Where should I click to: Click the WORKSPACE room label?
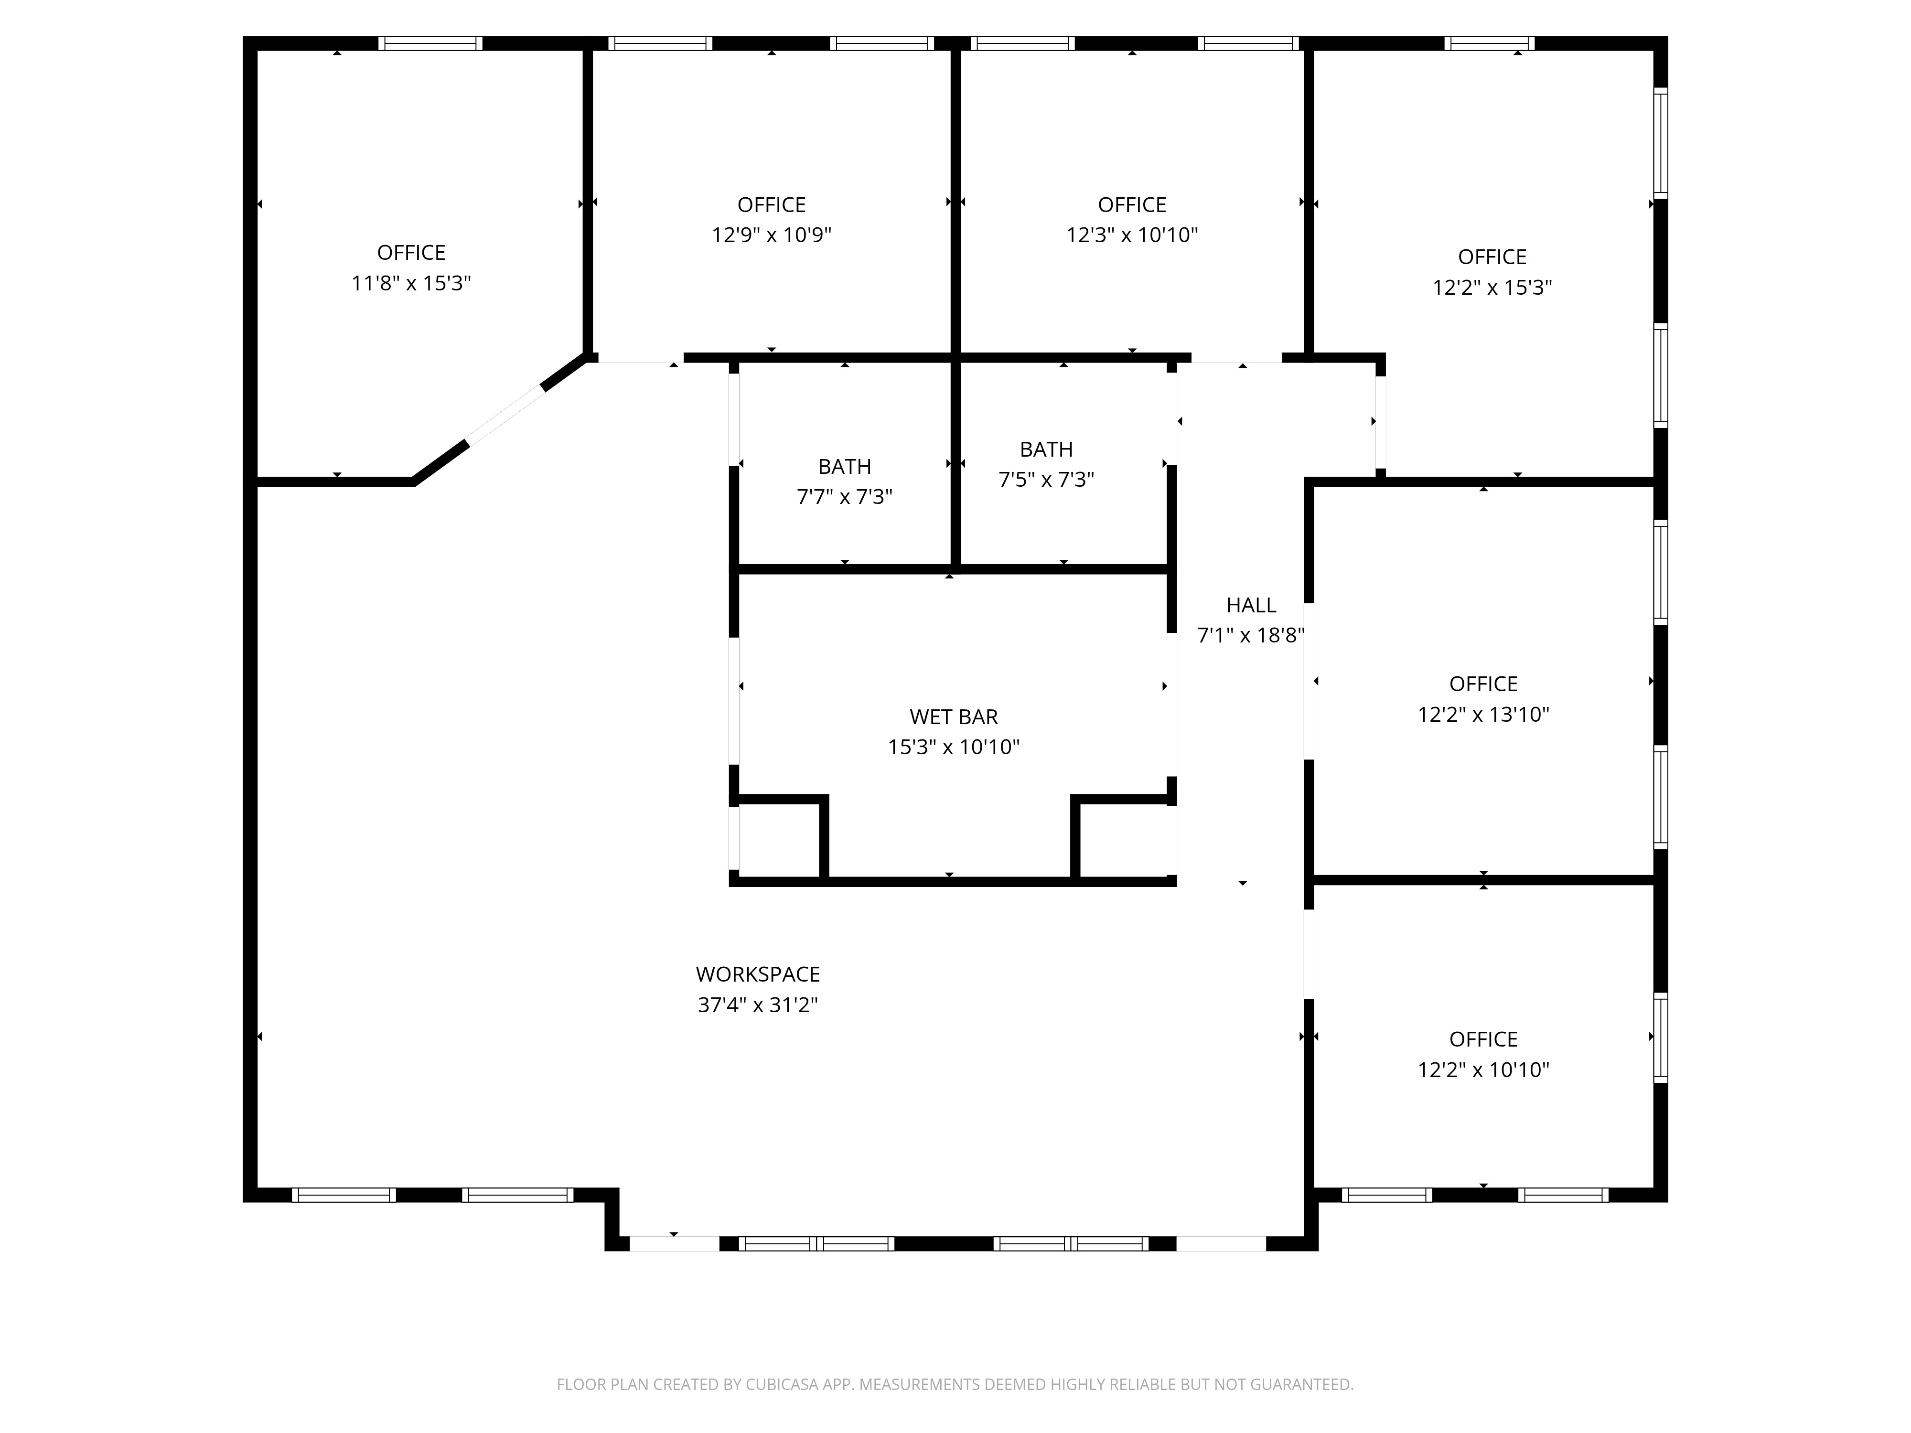tap(758, 974)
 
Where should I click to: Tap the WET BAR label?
tap(954, 717)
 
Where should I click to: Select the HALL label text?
tap(1251, 606)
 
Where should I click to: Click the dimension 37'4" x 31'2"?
tap(758, 1005)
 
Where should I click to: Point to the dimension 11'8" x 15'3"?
tap(411, 283)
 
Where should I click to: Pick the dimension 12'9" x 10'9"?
tap(772, 235)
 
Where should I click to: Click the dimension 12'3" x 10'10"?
tap(1132, 235)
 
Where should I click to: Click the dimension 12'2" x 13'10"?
tap(1483, 714)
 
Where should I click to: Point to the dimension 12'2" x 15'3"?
tap(1492, 288)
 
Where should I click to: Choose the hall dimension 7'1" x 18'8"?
tap(1251, 636)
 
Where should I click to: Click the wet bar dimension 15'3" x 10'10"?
tap(954, 747)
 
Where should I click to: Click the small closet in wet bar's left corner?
tap(779, 840)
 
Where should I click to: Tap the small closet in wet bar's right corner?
tap(1123, 840)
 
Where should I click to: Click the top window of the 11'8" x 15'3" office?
tap(430, 43)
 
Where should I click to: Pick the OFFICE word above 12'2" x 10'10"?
tap(1483, 1039)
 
